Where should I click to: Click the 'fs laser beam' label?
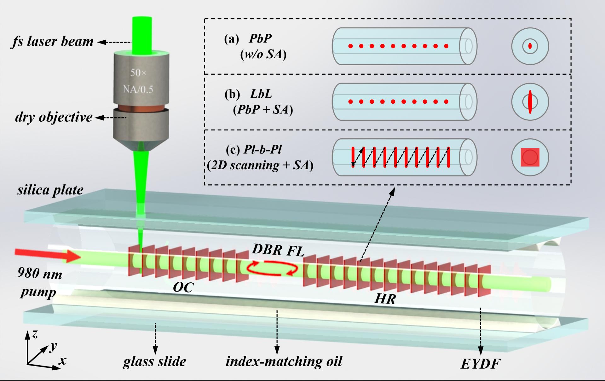52,42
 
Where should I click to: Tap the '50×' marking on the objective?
138,73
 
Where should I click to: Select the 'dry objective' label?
54,117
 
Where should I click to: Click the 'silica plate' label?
50,190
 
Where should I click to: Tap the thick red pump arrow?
48,255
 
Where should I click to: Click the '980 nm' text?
40,273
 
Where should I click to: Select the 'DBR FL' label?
278,250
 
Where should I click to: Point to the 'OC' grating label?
183,287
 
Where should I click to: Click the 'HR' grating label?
385,298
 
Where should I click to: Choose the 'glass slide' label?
154,361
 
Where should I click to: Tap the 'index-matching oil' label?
284,361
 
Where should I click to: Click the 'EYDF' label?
481,364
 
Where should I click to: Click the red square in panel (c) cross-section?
530,157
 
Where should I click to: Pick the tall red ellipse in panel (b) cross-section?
530,102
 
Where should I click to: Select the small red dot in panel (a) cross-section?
530,46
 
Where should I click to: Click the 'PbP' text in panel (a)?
260,38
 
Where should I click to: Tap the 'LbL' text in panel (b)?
261,94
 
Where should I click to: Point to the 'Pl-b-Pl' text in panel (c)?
262,149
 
